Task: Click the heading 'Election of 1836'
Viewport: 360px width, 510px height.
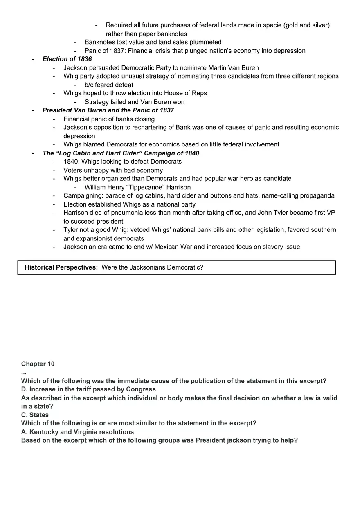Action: point(67,59)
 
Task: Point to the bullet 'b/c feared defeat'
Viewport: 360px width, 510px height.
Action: point(109,85)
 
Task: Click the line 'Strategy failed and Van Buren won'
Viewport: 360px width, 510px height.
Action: point(134,102)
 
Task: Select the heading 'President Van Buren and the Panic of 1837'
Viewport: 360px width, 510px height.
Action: point(108,110)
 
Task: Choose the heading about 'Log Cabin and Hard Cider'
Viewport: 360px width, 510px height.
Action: point(121,153)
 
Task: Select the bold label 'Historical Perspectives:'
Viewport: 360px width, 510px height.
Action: point(61,267)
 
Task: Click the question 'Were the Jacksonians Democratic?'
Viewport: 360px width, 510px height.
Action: point(152,267)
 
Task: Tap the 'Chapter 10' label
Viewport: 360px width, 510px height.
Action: point(38,364)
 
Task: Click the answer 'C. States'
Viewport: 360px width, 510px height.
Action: point(35,415)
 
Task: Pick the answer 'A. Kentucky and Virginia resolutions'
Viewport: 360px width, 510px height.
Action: point(77,432)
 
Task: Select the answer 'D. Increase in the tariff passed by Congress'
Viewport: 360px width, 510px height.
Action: point(88,389)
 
